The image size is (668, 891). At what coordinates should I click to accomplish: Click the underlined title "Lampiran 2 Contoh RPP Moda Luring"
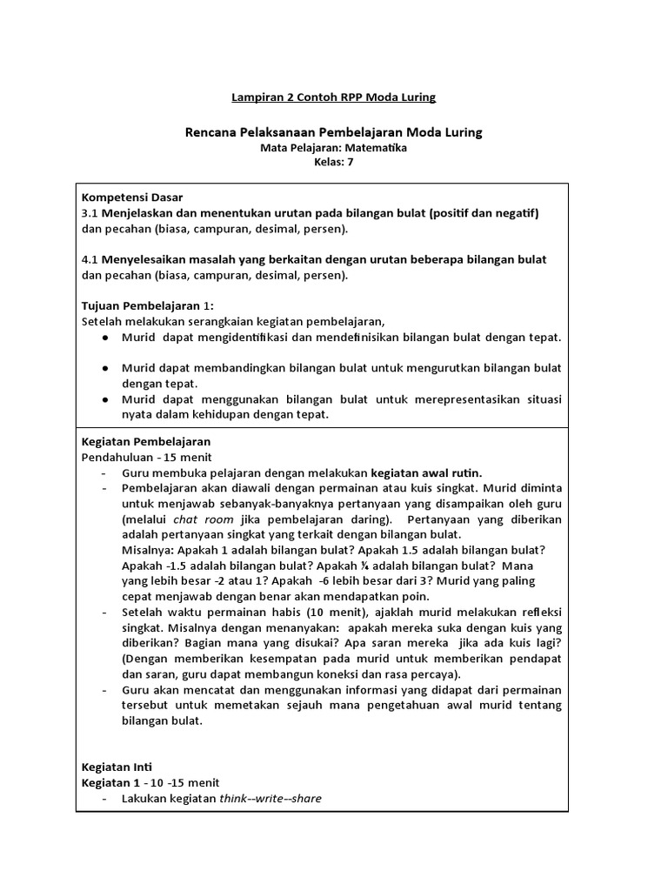333,97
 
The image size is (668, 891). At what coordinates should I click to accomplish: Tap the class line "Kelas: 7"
334,163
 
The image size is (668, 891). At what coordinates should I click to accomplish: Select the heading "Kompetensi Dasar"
132,198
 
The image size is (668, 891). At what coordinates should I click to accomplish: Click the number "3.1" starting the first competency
91,213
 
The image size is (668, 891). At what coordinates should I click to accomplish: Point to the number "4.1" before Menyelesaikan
91,260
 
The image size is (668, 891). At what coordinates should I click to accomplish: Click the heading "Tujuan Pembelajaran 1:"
147,306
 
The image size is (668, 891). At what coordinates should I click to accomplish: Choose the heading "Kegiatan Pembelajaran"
145,441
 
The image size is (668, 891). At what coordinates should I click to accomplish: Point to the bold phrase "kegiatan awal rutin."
427,472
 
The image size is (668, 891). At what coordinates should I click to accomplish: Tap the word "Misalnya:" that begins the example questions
150,551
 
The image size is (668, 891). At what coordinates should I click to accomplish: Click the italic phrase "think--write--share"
271,798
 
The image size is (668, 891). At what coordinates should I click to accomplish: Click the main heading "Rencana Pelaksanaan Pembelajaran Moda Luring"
333,132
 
